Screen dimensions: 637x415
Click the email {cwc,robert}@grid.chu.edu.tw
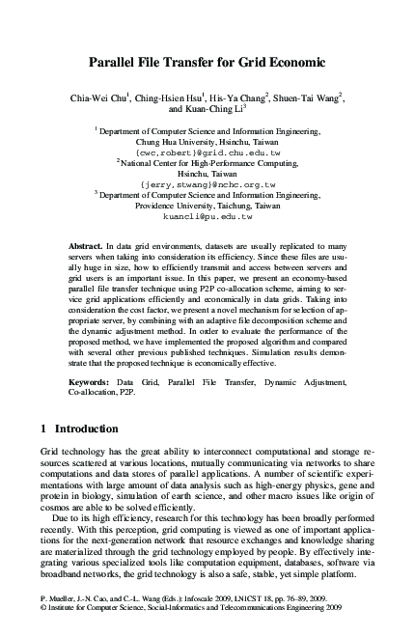tap(207, 152)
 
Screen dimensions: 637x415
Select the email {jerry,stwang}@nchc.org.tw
tap(207, 183)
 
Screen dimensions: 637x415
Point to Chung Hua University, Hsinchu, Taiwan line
tap(207, 142)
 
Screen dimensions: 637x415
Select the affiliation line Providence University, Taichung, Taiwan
tap(207, 205)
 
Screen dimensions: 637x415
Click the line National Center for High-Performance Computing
tap(209, 163)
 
